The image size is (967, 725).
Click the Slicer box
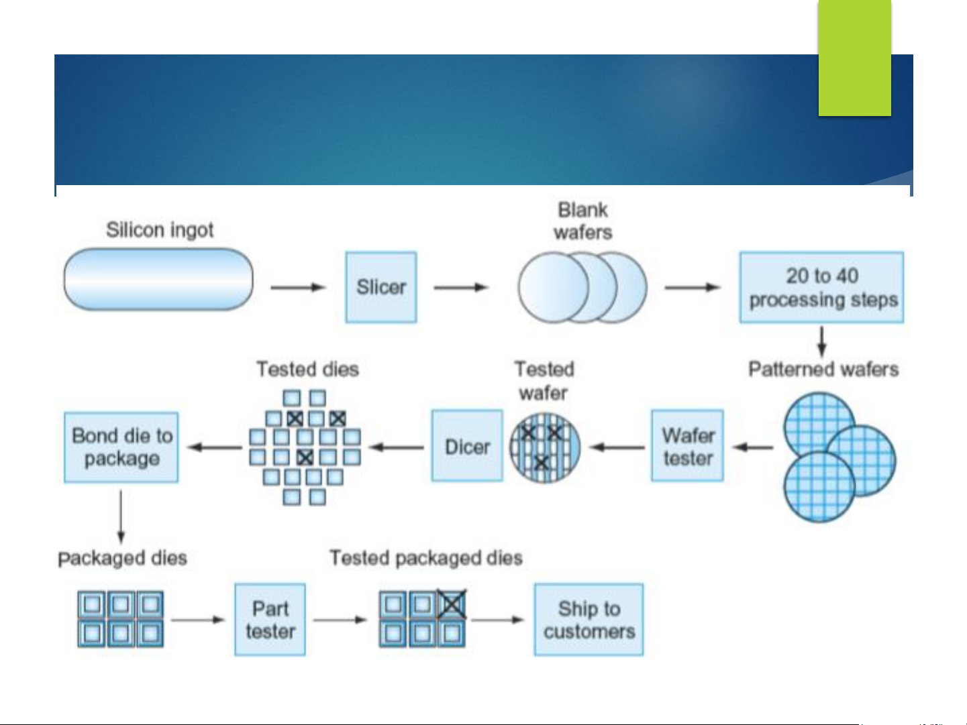pyautogui.click(x=381, y=287)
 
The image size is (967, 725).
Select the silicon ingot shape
pyautogui.click(x=158, y=280)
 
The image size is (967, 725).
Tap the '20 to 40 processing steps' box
pyautogui.click(x=822, y=287)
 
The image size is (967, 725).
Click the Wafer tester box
pyautogui.click(x=687, y=446)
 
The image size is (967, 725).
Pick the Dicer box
pyautogui.click(x=467, y=446)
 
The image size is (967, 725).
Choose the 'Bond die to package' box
pyautogui.click(x=121, y=447)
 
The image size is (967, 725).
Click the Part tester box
pyautogui.click(x=270, y=619)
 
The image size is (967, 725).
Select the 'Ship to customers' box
pyautogui.click(x=589, y=619)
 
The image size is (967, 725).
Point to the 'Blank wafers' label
pyautogui.click(x=582, y=221)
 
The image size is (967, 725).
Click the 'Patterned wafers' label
pyautogui.click(x=823, y=369)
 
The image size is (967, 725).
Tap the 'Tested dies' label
pyautogui.click(x=307, y=369)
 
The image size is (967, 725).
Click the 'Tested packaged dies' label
pyautogui.click(x=425, y=558)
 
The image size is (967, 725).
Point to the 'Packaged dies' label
pyautogui.click(x=122, y=558)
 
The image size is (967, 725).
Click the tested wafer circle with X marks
pyautogui.click(x=545, y=447)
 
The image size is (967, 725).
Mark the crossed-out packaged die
pyautogui.click(x=452, y=604)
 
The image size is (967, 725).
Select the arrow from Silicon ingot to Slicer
pyautogui.click(x=297, y=287)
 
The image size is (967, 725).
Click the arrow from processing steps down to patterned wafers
pyautogui.click(x=822, y=341)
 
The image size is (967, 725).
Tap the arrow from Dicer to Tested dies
pyautogui.click(x=397, y=447)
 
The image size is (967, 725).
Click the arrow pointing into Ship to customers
pyautogui.click(x=497, y=619)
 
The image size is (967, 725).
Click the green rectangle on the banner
pyautogui.click(x=854, y=58)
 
